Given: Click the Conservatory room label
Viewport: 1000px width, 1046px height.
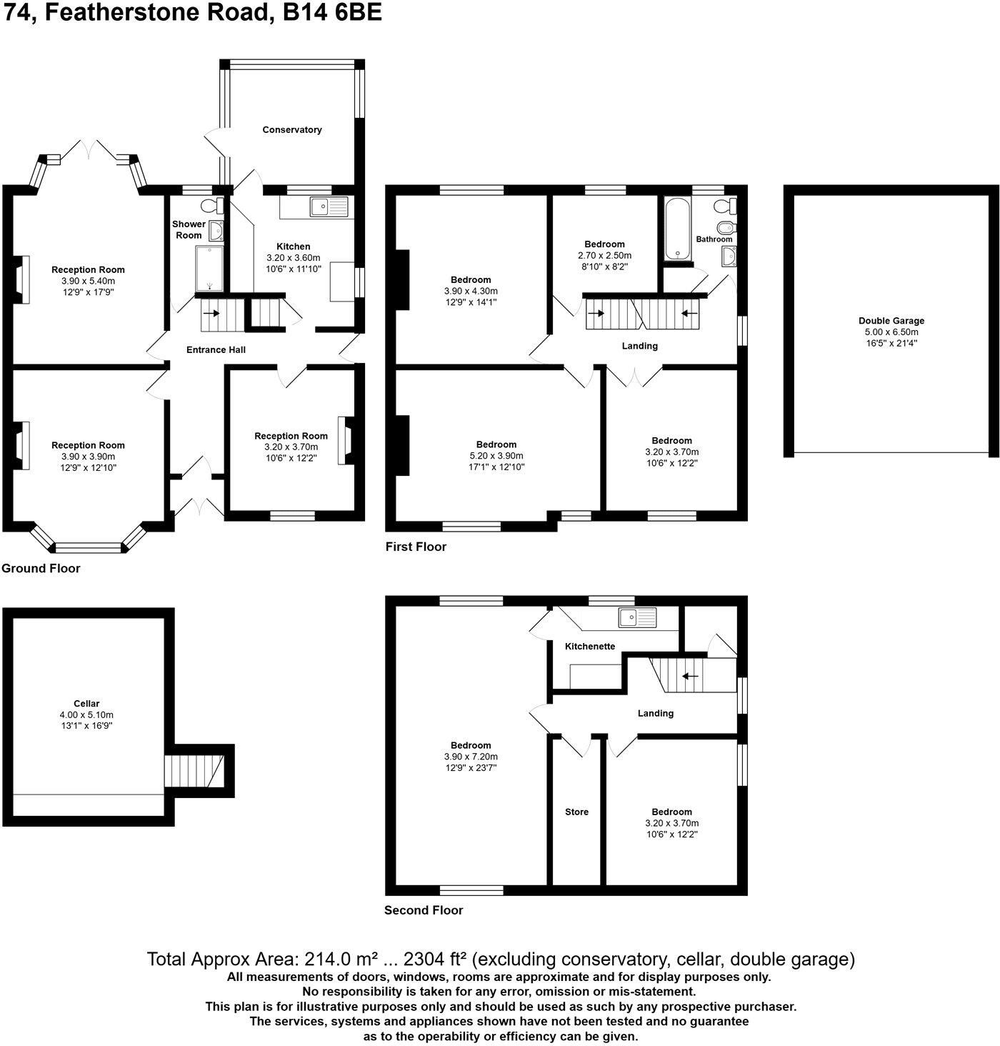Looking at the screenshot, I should click(x=291, y=130).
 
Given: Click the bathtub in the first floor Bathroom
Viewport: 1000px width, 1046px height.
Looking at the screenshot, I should click(x=676, y=229).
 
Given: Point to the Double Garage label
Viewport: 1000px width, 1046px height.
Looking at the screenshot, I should click(x=891, y=321).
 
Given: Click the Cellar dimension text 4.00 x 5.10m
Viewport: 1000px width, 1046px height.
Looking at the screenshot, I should click(x=86, y=714).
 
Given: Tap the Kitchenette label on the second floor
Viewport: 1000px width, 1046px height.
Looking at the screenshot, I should click(x=589, y=647).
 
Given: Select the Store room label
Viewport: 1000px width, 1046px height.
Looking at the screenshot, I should click(x=576, y=812).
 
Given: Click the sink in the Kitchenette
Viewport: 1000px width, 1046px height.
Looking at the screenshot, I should click(x=637, y=618).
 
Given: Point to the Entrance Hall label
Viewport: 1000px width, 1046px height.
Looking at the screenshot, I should click(x=216, y=350).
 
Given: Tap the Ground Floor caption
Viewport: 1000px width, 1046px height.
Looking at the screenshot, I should click(x=41, y=569).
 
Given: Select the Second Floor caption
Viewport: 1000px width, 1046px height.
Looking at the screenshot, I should click(x=424, y=910).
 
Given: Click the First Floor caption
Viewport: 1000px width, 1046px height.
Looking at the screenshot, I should click(x=416, y=547).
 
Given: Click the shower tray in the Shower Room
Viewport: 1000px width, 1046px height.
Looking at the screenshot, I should click(x=209, y=269).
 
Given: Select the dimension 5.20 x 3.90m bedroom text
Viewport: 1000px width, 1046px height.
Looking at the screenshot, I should click(x=496, y=456).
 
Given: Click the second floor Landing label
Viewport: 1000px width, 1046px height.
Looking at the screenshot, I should click(x=655, y=713).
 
